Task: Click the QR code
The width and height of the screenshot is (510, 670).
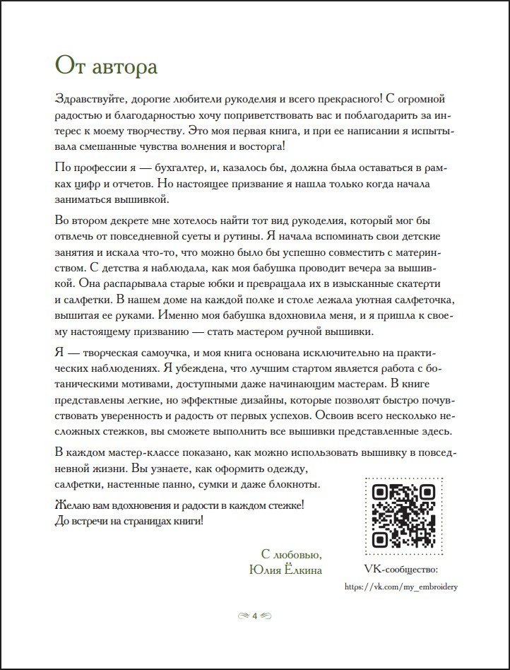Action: click(x=403, y=516)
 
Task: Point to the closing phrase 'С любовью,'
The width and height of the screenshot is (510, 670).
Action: click(x=292, y=554)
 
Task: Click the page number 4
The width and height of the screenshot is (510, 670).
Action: click(x=254, y=616)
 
